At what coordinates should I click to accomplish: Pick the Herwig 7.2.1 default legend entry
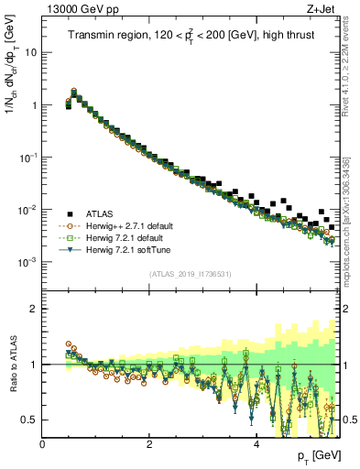coord(115,235)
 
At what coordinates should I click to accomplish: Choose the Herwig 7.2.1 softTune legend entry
coord(118,248)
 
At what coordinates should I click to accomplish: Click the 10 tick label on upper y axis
coord(29,52)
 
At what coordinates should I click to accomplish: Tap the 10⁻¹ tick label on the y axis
coord(27,157)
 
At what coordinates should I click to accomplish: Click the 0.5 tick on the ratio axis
coord(29,420)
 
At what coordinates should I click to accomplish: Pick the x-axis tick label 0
coord(42,443)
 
